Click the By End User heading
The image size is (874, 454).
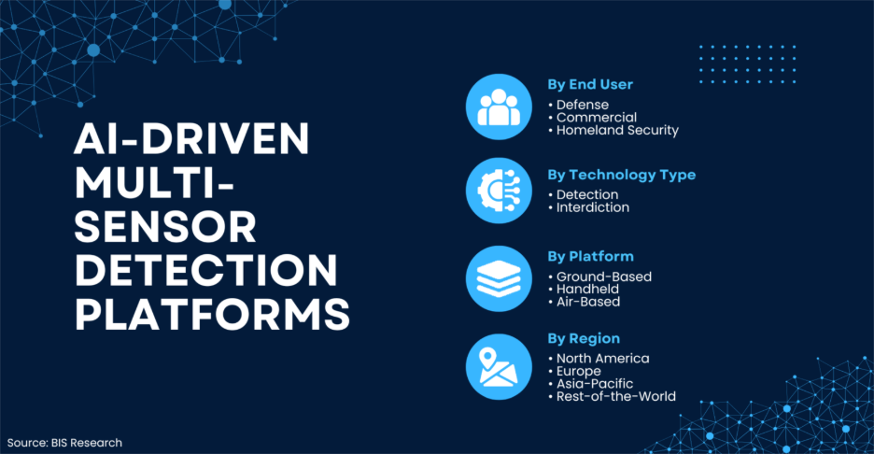pos(590,85)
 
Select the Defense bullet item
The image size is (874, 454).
pos(582,105)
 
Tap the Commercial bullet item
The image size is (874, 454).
pos(596,118)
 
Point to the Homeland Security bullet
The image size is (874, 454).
pos(617,131)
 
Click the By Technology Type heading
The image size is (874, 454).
pos(622,175)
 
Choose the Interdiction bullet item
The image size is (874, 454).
pos(593,207)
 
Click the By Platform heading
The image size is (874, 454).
pos(590,257)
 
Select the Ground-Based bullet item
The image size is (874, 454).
pos(603,277)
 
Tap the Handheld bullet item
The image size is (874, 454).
pos(587,289)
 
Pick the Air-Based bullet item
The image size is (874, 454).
pos(588,302)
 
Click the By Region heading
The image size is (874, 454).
pos(584,338)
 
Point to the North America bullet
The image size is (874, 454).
pos(602,359)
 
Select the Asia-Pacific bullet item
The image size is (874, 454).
pos(594,384)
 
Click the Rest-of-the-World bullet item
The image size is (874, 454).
pos(616,397)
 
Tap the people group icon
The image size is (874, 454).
pos(499,106)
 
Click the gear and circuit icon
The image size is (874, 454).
pos(499,191)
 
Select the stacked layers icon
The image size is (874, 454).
pos(499,279)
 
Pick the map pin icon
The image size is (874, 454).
pos(499,367)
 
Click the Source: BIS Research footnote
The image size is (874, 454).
pos(64,443)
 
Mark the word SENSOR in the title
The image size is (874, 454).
pos(165,227)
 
